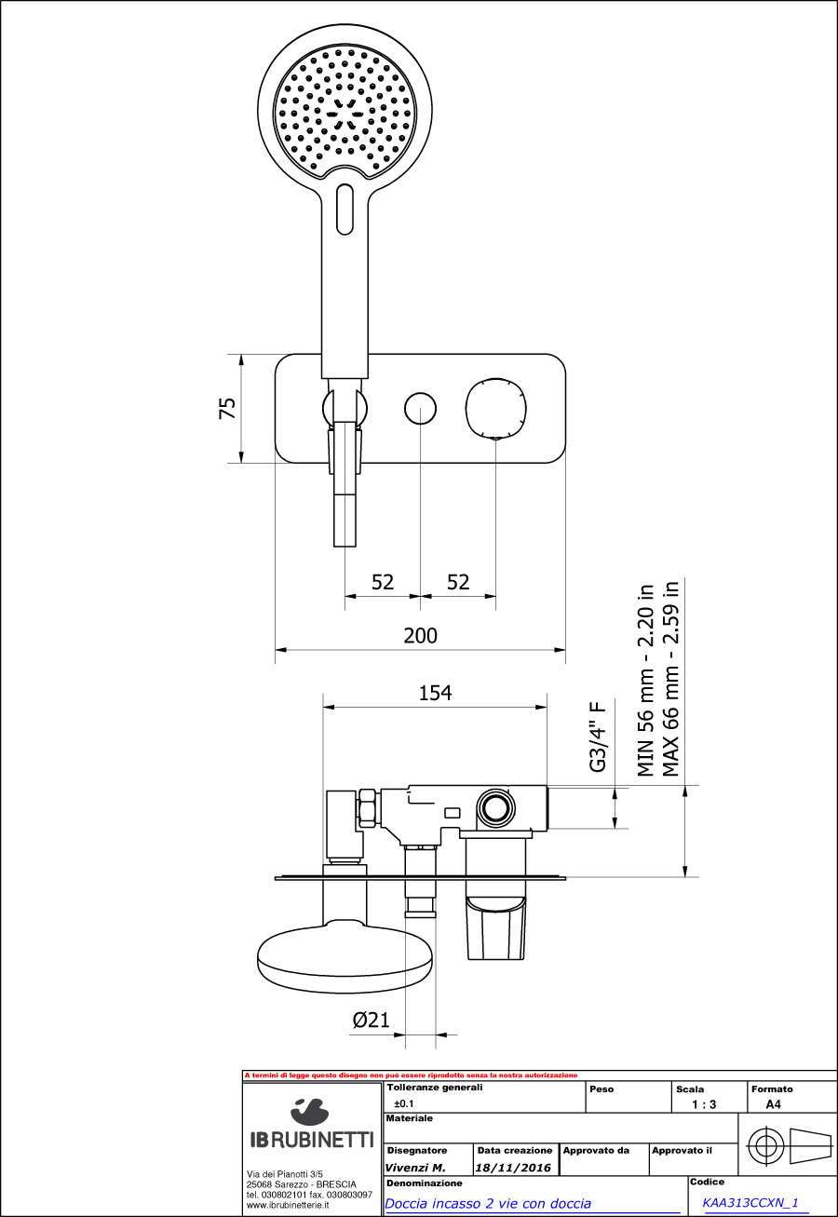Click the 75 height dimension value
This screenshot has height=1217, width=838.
227,408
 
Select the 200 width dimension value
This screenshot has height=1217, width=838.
420,636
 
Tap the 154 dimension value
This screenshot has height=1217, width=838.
435,694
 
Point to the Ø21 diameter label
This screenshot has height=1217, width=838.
371,1021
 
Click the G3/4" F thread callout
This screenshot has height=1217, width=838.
598,737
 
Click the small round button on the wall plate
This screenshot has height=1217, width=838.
420,408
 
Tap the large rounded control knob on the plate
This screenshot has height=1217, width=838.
496,408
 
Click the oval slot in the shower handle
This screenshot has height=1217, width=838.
345,210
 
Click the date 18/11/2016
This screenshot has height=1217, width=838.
514,1168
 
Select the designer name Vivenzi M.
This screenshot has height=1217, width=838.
415,1168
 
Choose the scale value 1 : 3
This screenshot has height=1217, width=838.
704,1104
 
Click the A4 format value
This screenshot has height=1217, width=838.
773,1104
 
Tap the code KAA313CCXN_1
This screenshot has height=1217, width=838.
750,1203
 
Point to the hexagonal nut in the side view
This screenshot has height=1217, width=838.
367,809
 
